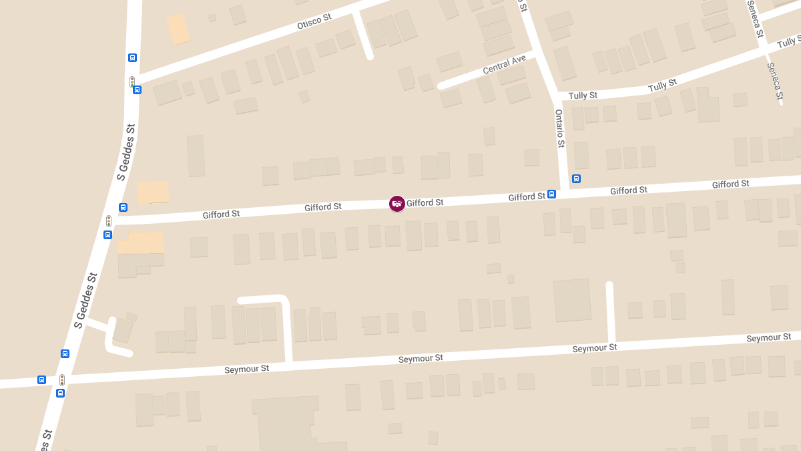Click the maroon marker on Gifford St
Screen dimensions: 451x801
pos(397,204)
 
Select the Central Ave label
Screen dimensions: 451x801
pos(504,65)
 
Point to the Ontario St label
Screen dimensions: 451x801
pos(559,129)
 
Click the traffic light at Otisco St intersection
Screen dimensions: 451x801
pos(132,82)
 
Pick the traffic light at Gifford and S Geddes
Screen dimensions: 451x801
pos(109,220)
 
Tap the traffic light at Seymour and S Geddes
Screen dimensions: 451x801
pos(62,380)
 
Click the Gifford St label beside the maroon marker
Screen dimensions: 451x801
pos(425,202)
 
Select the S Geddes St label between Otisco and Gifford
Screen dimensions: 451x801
pos(126,152)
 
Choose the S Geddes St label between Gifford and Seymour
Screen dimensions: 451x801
pos(86,301)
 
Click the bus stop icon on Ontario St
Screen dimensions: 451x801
pos(576,178)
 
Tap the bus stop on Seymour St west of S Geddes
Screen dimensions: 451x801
pos(42,380)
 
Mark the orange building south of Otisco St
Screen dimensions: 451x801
pos(178,29)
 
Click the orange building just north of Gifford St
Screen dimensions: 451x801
pos(153,192)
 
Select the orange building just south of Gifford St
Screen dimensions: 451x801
pos(141,243)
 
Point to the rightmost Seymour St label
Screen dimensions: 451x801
pos(768,338)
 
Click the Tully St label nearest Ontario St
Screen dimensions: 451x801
pos(583,96)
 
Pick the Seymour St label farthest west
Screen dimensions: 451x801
pos(246,369)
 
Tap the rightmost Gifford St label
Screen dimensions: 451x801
pos(730,184)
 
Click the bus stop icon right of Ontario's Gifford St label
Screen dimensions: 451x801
pos(552,194)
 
